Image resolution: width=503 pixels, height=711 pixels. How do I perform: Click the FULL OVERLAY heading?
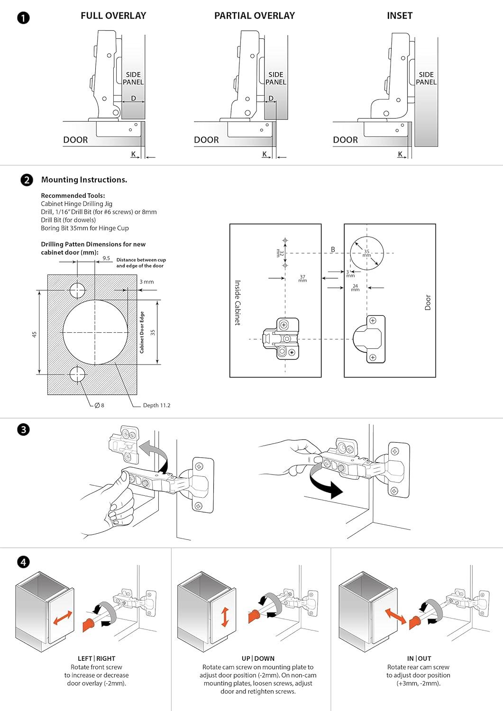click(113, 16)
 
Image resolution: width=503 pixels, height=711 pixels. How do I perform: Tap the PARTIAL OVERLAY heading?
click(254, 16)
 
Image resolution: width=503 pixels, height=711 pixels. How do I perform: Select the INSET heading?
click(399, 16)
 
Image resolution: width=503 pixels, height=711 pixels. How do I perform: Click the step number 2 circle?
click(27, 180)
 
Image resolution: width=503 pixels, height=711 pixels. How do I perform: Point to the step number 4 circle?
click(23, 562)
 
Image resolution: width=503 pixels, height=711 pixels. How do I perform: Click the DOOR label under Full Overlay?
click(75, 140)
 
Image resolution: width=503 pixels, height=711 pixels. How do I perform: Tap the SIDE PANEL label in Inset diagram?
click(426, 78)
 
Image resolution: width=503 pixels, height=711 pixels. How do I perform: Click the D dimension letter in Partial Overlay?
click(271, 99)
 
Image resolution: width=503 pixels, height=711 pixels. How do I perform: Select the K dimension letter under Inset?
click(400, 154)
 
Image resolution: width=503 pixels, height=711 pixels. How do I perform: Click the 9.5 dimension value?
click(106, 259)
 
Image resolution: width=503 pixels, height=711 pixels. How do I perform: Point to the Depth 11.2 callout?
click(156, 405)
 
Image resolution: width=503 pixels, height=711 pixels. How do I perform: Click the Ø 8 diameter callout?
click(100, 405)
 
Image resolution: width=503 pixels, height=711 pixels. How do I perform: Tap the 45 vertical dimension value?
click(34, 334)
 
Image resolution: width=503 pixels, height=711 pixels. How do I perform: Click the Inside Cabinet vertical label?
click(238, 302)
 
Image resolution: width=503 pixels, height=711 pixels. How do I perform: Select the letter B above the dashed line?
click(333, 249)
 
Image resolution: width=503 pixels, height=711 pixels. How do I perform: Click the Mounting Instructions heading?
click(84, 180)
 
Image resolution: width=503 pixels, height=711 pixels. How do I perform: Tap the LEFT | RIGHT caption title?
click(97, 658)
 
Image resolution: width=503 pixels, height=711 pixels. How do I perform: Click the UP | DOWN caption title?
click(258, 658)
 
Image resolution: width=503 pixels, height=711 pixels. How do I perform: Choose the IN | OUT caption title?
click(419, 658)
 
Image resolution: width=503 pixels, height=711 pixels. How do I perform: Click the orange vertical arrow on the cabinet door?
click(225, 617)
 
